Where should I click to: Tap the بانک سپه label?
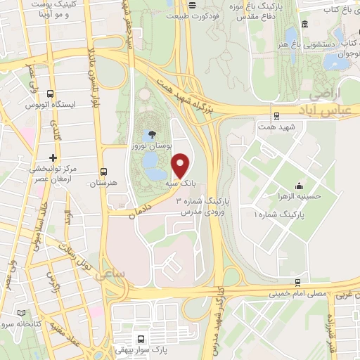179,183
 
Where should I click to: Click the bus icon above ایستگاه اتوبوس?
51,93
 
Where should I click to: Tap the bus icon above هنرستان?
103,171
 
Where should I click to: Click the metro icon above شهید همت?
276,116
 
